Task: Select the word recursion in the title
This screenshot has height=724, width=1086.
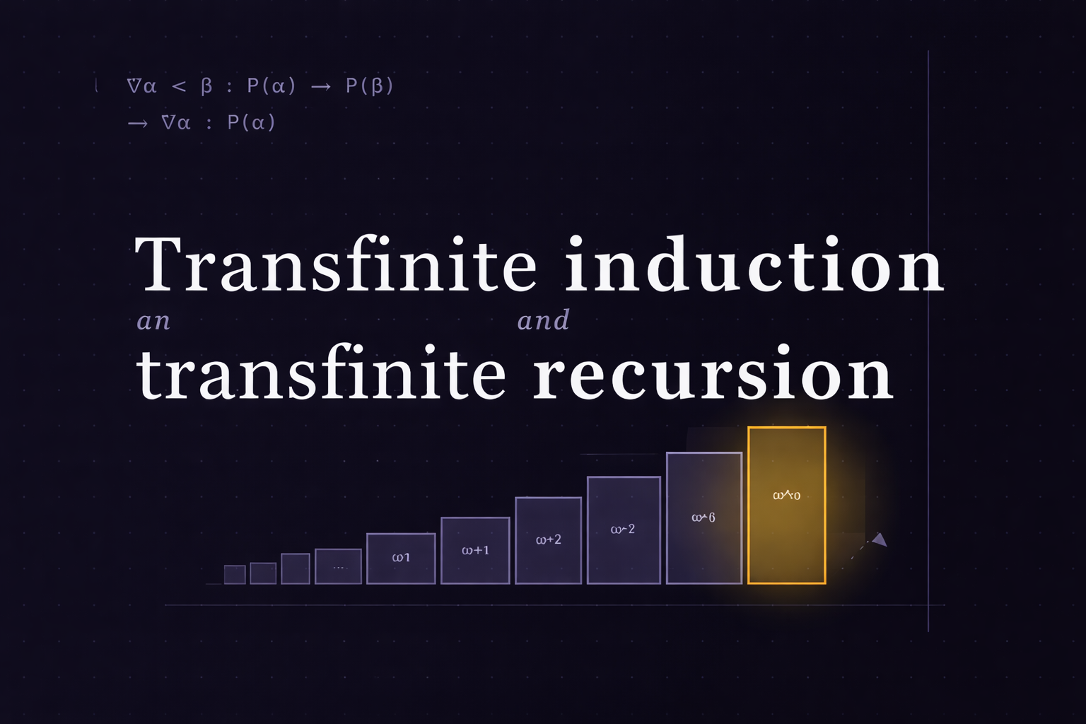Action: click(713, 373)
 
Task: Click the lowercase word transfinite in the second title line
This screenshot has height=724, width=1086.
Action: click(321, 373)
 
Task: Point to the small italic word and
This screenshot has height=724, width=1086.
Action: click(543, 321)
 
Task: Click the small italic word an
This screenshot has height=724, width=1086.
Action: click(153, 322)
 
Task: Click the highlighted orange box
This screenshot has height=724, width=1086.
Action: click(786, 506)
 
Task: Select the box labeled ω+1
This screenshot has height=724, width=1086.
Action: click(475, 550)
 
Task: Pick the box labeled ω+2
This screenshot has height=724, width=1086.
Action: click(548, 540)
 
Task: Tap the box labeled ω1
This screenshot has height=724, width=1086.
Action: click(401, 558)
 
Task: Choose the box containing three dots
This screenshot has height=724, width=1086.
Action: click(338, 566)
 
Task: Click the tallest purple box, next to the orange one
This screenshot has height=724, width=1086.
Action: click(703, 518)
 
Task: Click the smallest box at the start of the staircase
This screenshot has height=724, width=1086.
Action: click(235, 574)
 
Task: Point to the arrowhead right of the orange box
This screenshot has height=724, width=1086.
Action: click(880, 540)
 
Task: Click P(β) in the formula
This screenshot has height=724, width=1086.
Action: click(369, 86)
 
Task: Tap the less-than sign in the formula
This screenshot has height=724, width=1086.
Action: click(179, 86)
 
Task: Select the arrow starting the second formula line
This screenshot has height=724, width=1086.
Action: click(138, 123)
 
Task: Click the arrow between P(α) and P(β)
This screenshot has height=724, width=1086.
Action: click(321, 86)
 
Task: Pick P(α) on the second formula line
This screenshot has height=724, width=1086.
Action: click(251, 123)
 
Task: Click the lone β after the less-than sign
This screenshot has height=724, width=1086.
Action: click(206, 86)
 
